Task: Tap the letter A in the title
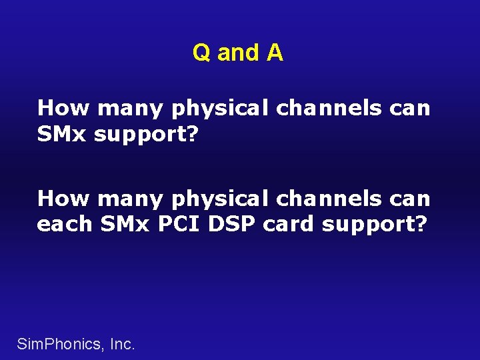pyautogui.click(x=275, y=53)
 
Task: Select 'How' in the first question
pyautogui.click(x=60, y=108)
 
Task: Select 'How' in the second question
pyautogui.click(x=60, y=199)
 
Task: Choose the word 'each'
pyautogui.click(x=64, y=225)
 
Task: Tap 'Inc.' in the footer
pyautogui.click(x=121, y=344)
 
